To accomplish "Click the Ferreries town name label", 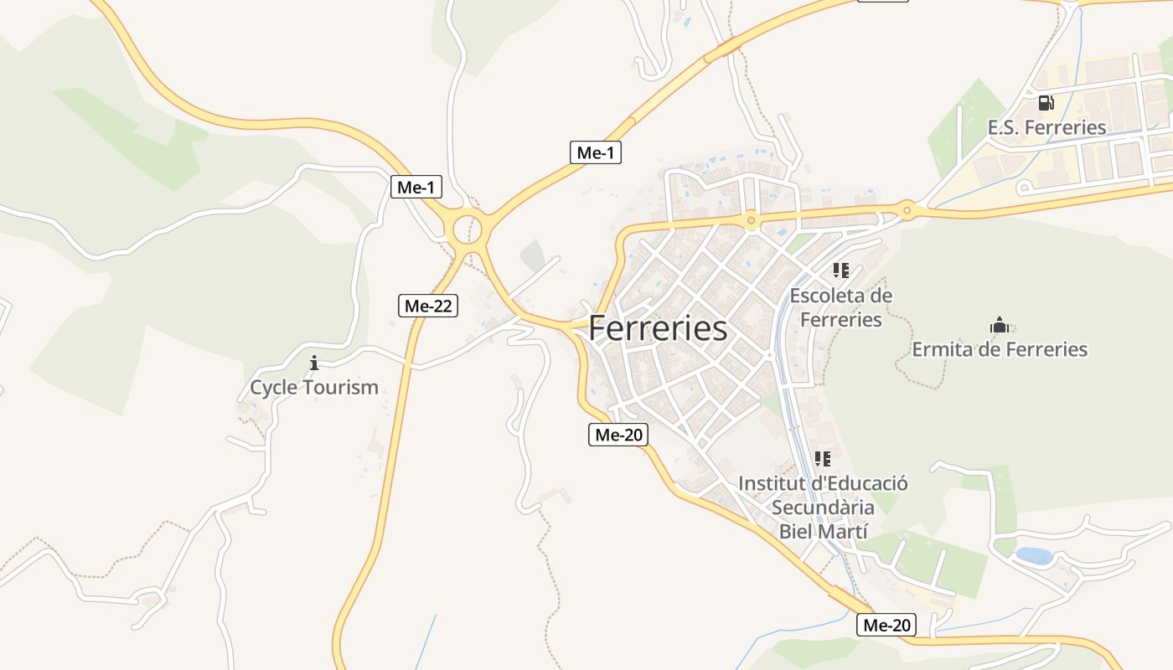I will pos(658,328).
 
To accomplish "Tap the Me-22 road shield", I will pos(428,306).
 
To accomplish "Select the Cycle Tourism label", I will pos(314,388).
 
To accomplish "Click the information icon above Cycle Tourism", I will pos(314,363).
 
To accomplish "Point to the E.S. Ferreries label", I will pos(1046,127).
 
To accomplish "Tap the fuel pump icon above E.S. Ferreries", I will pos(1046,103).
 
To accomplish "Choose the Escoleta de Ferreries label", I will pos(841,307).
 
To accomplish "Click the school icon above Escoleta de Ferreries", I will pos(841,271).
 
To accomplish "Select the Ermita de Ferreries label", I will pos(1000,349).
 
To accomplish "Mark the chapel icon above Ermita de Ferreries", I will pos(1000,325).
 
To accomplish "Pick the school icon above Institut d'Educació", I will pos(823,459).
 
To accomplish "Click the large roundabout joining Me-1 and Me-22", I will pos(468,228).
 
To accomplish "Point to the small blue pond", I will pos(1033,555).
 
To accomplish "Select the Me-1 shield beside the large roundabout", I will pos(416,187).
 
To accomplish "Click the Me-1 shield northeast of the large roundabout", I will pos(596,152).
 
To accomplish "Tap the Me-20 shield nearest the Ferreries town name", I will pos(618,435).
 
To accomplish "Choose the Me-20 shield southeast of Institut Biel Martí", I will pos(886,625).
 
